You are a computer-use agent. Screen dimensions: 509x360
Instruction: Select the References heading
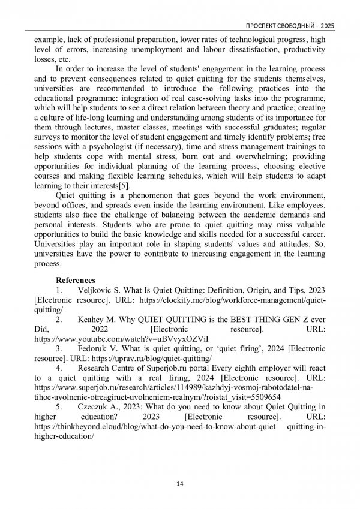(75, 280)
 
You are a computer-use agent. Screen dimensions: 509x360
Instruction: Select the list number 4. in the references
(59, 368)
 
